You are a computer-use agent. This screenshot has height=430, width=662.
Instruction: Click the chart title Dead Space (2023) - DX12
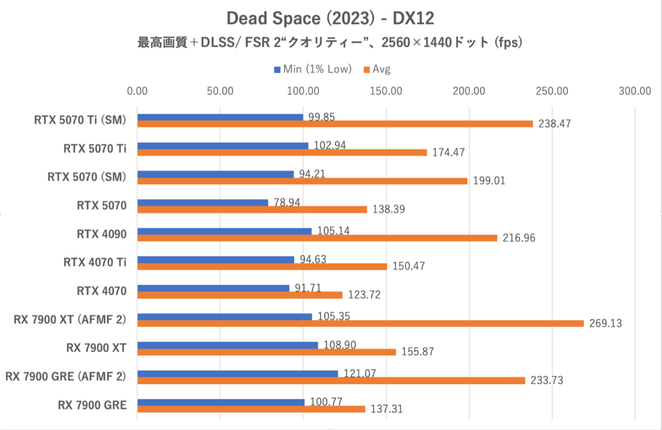pyautogui.click(x=330, y=18)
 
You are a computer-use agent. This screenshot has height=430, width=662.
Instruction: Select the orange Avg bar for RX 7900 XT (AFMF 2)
pyautogui.click(x=360, y=323)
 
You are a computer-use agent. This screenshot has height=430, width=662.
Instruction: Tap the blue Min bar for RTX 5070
pyautogui.click(x=202, y=203)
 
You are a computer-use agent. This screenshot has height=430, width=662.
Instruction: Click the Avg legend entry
pyautogui.click(x=381, y=70)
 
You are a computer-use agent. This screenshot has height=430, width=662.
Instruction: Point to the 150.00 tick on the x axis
pyautogui.click(x=386, y=91)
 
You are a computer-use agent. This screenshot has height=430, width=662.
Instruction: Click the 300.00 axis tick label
pyautogui.click(x=635, y=91)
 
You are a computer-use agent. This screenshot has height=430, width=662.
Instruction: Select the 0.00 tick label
pyautogui.click(x=137, y=91)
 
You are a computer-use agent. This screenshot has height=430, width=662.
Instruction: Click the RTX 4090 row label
pyautogui.click(x=102, y=234)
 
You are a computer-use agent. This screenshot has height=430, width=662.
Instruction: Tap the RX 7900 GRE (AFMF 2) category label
pyautogui.click(x=66, y=376)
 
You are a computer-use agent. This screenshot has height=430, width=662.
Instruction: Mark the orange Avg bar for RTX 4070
pyautogui.click(x=240, y=295)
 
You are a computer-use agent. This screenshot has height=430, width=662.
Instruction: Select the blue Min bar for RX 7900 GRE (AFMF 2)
pyautogui.click(x=237, y=374)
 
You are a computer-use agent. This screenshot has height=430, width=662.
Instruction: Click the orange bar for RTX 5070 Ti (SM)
pyautogui.click(x=335, y=124)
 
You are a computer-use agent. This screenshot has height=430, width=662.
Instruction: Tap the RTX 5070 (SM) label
pyautogui.click(x=87, y=177)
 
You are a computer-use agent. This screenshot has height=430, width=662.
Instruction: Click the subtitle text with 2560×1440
pyautogui.click(x=330, y=43)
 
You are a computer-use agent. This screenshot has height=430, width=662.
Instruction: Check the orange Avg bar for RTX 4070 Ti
pyautogui.click(x=262, y=267)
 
